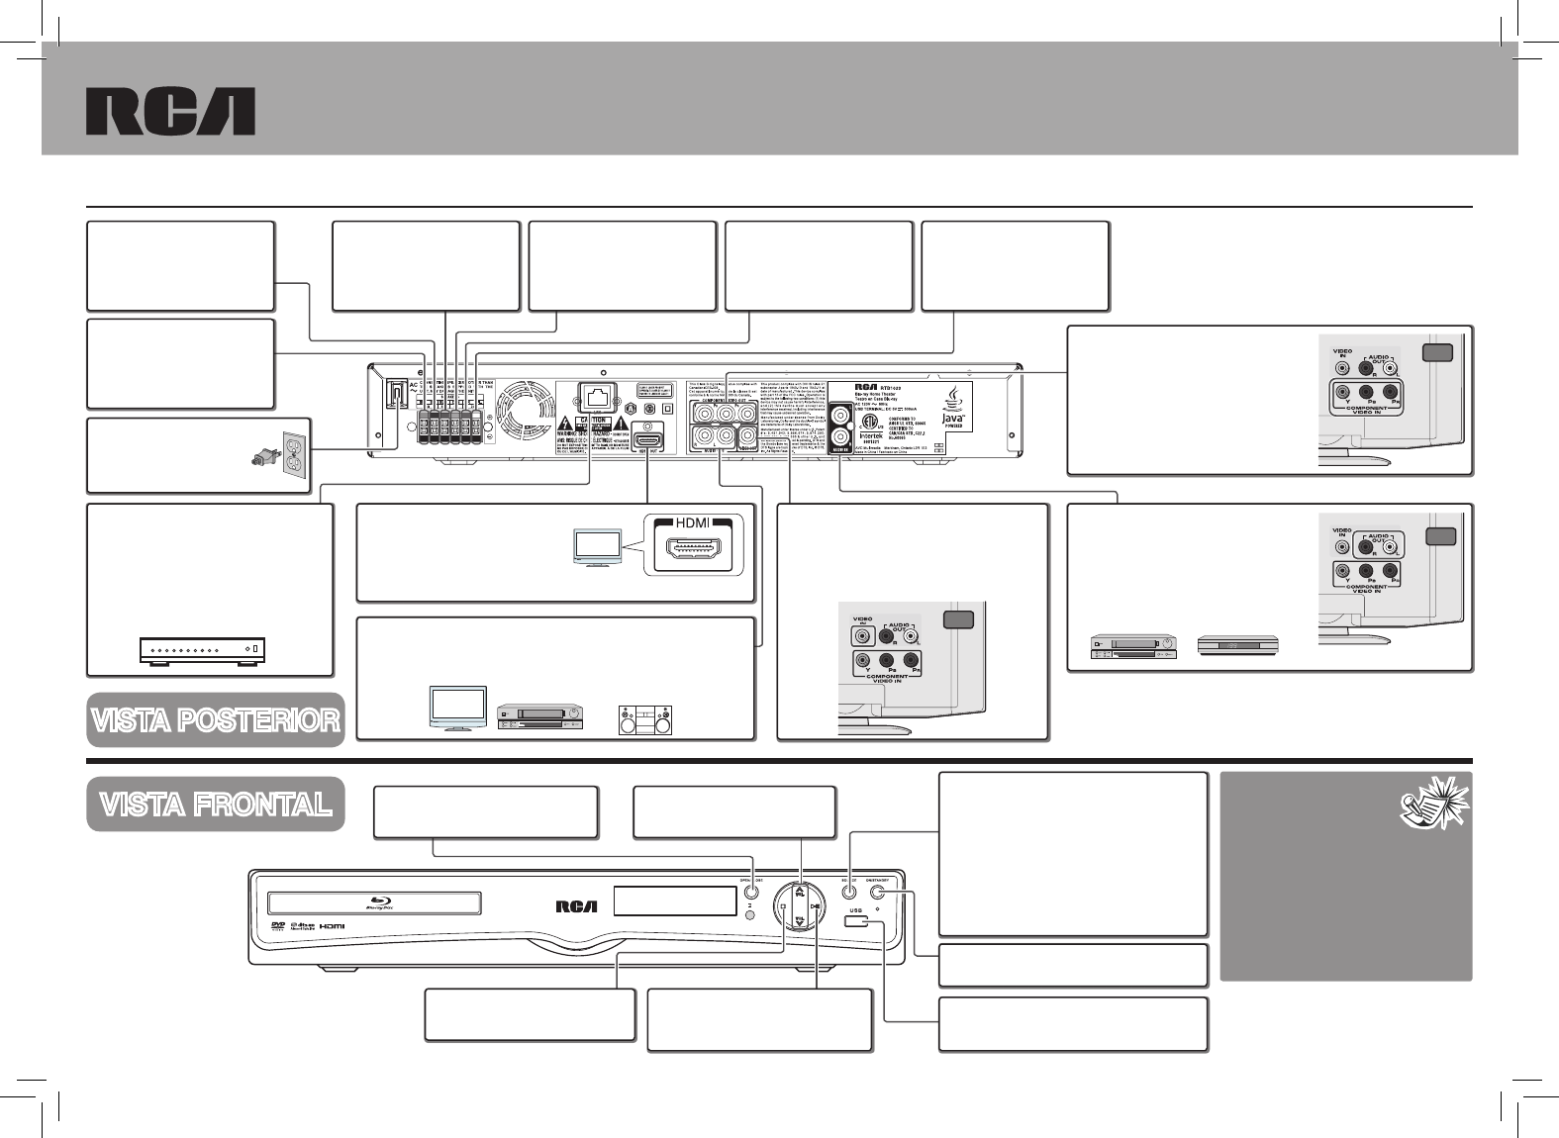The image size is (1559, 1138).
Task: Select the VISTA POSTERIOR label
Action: pos(216,720)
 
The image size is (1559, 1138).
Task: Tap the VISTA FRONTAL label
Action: pos(216,805)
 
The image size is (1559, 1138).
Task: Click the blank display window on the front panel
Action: pos(674,901)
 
